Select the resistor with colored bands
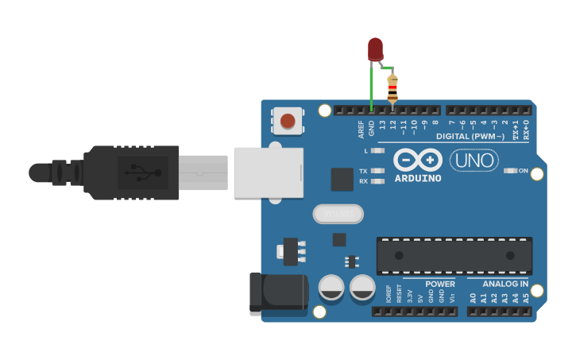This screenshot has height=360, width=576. click(x=392, y=88)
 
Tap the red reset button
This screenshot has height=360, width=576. click(x=288, y=122)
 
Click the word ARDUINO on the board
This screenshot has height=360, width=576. click(x=418, y=178)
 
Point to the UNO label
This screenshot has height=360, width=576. click(x=474, y=161)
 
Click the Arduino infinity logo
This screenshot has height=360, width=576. click(x=418, y=161)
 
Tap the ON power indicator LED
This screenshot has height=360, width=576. click(x=512, y=171)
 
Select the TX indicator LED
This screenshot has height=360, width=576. click(x=378, y=171)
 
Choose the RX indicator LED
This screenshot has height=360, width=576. click(x=378, y=181)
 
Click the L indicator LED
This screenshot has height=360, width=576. click(x=378, y=150)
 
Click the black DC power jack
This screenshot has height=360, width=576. click(x=278, y=292)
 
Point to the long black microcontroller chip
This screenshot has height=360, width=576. click(x=454, y=256)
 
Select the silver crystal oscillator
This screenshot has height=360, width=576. click(x=338, y=214)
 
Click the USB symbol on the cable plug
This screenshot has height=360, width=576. click(x=142, y=172)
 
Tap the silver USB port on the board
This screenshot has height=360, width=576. click(x=269, y=172)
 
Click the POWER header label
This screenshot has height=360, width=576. click(x=440, y=284)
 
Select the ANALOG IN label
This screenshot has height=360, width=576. click(x=506, y=284)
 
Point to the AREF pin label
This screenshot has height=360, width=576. click(x=361, y=129)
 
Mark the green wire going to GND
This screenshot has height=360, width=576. click(x=371, y=87)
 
